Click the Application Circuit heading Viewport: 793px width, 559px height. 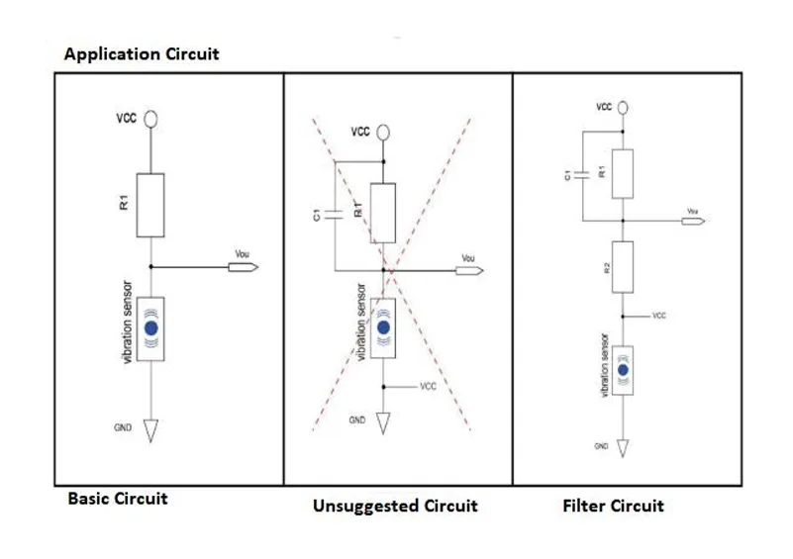[142, 54]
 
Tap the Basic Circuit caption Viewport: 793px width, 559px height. [118, 499]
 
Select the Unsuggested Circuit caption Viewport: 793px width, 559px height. [395, 507]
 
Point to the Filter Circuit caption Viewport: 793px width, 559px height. [613, 507]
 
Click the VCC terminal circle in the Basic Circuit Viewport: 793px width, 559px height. [150, 119]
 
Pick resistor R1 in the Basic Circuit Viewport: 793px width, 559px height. [150, 205]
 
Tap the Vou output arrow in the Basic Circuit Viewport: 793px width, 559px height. [246, 267]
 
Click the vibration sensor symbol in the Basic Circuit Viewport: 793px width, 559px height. [150, 328]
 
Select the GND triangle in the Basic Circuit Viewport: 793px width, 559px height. [150, 429]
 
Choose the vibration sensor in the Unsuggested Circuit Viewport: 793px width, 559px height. [383, 326]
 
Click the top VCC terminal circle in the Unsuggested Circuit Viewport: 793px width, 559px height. [383, 131]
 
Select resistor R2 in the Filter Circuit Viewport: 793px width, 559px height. [622, 266]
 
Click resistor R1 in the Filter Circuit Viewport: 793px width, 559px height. [622, 173]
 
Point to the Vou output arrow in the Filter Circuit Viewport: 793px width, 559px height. [693, 221]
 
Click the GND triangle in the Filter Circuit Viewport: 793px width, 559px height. [623, 447]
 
